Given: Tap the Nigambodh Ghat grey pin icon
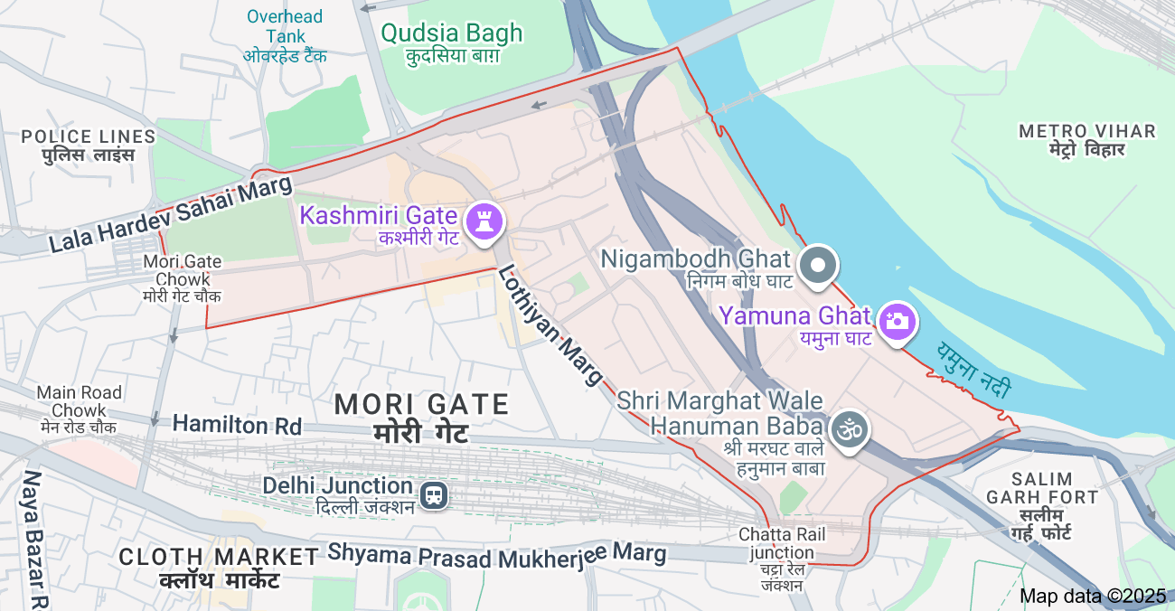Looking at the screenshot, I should (x=820, y=266).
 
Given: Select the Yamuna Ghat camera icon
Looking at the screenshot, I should (x=896, y=321).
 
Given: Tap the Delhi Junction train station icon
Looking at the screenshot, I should (x=434, y=494).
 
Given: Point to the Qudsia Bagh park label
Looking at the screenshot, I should (x=452, y=33).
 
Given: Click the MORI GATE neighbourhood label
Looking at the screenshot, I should (x=422, y=404).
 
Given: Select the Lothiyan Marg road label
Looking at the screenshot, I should (x=550, y=325).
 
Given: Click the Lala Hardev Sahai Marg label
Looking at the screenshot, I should (x=171, y=215).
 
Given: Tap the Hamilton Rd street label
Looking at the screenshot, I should (x=237, y=424).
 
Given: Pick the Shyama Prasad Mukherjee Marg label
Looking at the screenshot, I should (x=496, y=552).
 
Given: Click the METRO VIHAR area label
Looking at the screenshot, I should (x=1086, y=132).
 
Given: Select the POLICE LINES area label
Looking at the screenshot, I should (x=89, y=136).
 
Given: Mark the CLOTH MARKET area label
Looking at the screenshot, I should (x=218, y=557).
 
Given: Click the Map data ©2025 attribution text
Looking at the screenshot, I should (x=1093, y=596).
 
